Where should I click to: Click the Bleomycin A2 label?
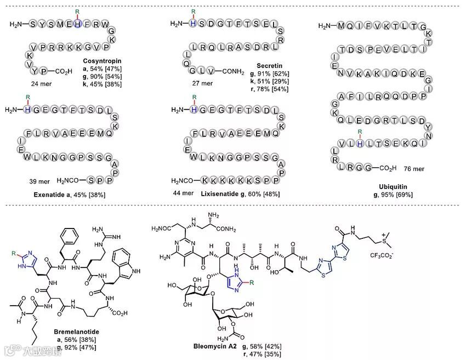(x=215, y=346)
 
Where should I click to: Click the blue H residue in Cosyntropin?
(x=78, y=24)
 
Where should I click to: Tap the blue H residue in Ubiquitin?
(x=360, y=144)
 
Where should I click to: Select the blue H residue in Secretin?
(x=193, y=24)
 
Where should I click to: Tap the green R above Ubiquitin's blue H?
(x=360, y=133)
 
